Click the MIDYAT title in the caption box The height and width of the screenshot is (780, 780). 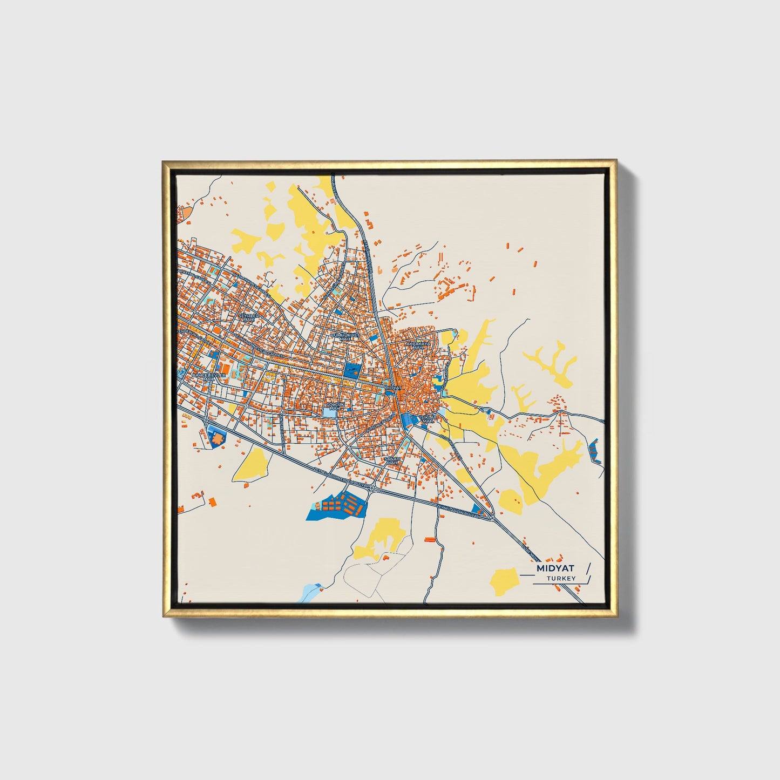pos(555,568)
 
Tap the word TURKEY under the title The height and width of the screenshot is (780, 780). pos(561,579)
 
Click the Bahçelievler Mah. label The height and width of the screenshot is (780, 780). pos(208,376)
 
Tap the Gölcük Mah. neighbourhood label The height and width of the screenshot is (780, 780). pos(335,405)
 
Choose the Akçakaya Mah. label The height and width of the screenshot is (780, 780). pos(418,345)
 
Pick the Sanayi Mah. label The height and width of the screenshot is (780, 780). pos(392,460)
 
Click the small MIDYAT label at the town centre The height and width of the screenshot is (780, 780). pos(395,388)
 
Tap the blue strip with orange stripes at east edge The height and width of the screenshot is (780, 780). pos(594,451)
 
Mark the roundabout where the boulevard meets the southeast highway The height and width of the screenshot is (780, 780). pos(492,518)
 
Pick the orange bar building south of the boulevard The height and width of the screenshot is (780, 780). pos(430,539)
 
